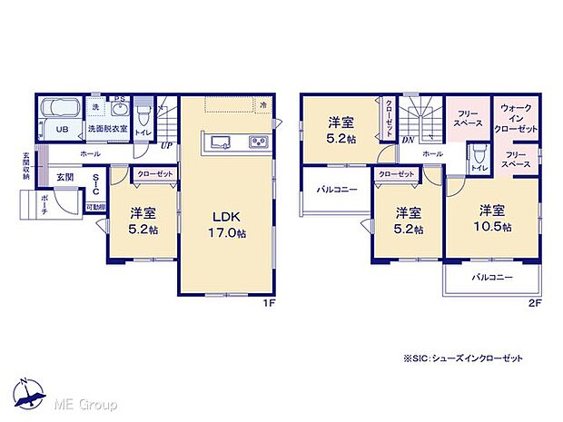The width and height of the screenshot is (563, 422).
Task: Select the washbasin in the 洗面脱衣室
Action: [116, 110]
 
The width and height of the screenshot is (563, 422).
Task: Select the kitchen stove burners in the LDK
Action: [256, 142]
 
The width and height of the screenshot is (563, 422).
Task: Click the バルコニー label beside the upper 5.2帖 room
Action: [336, 191]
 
